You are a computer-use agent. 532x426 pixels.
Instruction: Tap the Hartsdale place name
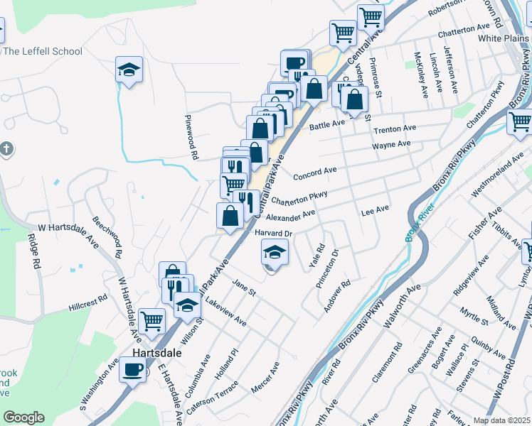[x=156, y=353]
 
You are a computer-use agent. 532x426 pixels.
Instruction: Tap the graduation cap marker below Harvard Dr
[x=274, y=251]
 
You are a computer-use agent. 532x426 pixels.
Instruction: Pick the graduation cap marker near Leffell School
[x=129, y=70]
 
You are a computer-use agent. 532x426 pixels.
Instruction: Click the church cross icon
[x=6, y=149]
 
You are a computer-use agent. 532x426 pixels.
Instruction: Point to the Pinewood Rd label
[x=191, y=135]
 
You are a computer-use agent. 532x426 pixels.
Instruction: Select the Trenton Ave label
[x=395, y=129]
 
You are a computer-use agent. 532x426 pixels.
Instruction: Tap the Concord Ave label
[x=314, y=171]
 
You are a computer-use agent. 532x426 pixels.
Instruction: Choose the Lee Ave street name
[x=375, y=210]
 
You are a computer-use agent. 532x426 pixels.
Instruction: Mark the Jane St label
[x=243, y=288]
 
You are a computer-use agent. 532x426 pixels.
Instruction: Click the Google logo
[x=23, y=417]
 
